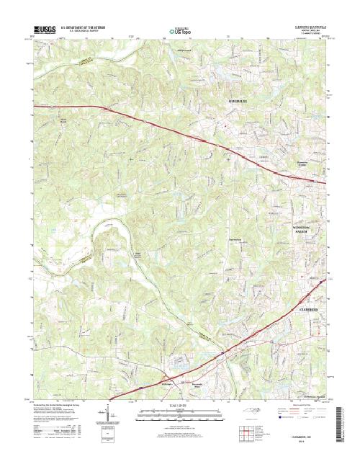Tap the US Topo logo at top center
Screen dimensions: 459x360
pos(181,30)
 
